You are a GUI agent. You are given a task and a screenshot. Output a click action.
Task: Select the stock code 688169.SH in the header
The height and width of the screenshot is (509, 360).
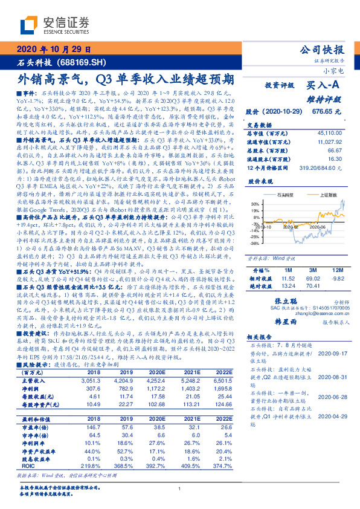pos(85,62)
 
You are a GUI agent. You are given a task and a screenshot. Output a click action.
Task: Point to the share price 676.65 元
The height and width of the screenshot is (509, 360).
pos(329,112)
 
